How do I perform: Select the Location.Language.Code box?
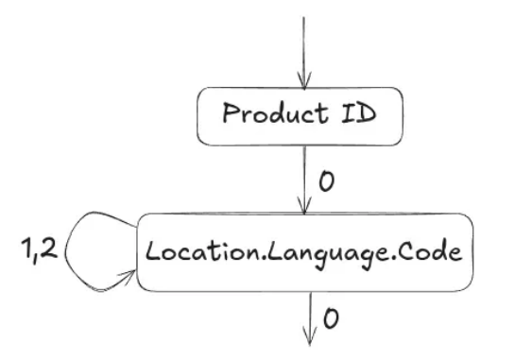pos(303,252)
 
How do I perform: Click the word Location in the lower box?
pos(190,253)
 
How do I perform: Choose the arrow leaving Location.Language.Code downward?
pos(303,317)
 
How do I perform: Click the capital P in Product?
pos(228,115)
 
